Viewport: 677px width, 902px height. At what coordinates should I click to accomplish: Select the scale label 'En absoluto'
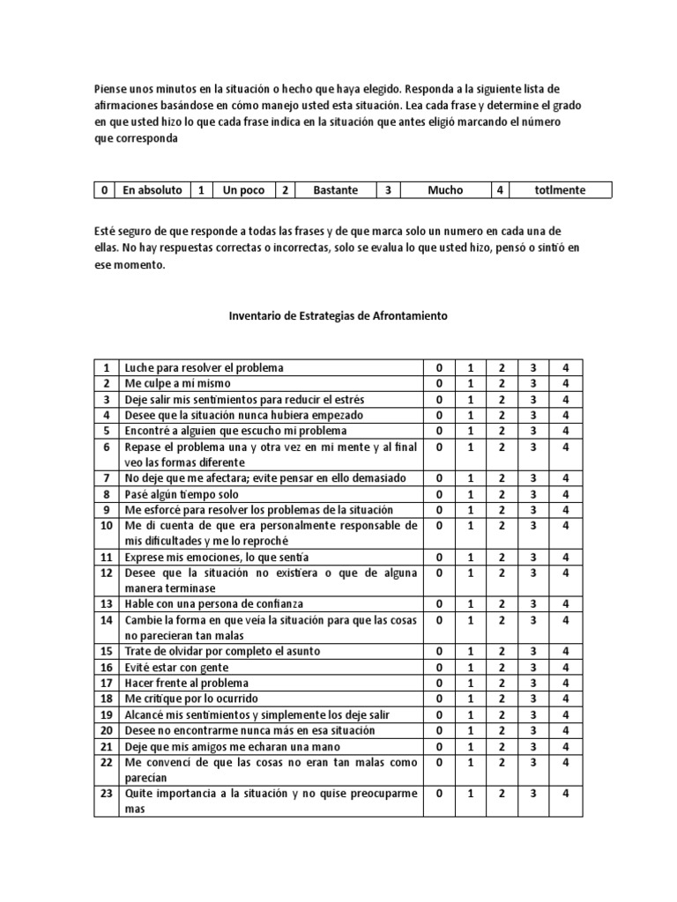pos(153,189)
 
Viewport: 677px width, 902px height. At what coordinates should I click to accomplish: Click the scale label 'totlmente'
pos(559,189)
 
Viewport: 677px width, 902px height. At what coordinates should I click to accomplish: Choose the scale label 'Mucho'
pos(444,189)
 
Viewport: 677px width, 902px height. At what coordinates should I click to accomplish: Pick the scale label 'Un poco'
pos(242,189)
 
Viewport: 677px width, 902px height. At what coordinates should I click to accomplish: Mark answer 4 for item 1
pos(566,367)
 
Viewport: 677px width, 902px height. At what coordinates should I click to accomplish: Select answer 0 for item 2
pos(438,383)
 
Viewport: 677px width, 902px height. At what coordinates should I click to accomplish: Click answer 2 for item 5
pos(500,431)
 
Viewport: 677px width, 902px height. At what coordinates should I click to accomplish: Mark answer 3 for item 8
pos(532,494)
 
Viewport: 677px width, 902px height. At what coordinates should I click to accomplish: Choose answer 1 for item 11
pos(469,558)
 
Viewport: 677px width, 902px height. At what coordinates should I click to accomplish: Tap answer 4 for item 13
pos(566,603)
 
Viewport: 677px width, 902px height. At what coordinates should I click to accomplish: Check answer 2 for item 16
pos(500,667)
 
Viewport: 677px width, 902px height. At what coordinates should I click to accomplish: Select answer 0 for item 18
pos(438,699)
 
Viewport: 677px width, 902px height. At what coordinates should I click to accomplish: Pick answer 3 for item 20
pos(532,730)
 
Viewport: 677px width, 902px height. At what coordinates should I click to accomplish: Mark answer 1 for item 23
pos(469,793)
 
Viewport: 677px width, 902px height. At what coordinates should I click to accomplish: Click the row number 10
pos(106,526)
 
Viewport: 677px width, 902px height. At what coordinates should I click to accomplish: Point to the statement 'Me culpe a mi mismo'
pos(178,383)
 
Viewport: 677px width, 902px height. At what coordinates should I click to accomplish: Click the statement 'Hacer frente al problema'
pos(187,683)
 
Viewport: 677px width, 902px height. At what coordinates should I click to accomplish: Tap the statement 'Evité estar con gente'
pos(178,667)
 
